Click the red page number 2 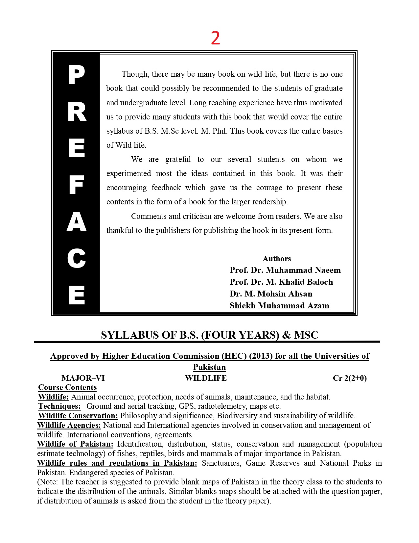[215, 38]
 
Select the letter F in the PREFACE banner [77, 185]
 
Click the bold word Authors [277, 259]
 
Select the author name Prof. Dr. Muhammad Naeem [285, 270]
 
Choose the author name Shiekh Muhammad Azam [279, 306]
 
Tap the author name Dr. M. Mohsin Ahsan [271, 294]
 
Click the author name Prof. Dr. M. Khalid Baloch [281, 282]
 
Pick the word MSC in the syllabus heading [306, 335]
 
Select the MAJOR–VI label [83, 378]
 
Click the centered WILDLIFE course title [206, 378]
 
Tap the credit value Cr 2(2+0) [350, 378]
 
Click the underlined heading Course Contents [67, 387]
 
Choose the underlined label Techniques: [59, 406]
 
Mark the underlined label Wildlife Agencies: [69, 425]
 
